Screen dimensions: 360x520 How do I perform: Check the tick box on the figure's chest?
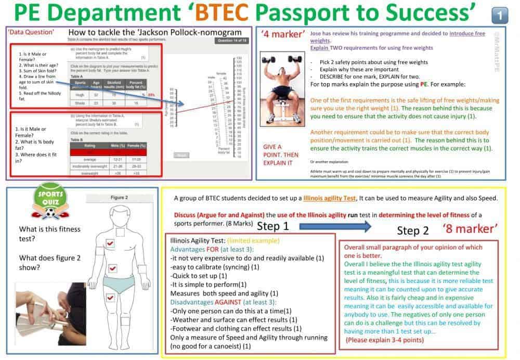tap(110, 243)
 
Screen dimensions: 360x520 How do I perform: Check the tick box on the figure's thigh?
tap(110, 298)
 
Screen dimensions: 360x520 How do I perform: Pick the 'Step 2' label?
tap(413, 230)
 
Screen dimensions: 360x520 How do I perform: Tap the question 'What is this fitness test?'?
tap(43, 234)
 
